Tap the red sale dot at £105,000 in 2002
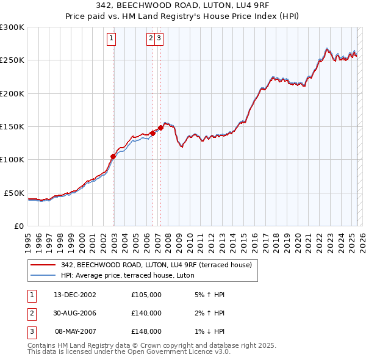(113, 156)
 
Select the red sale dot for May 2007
(160, 128)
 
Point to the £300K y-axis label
(12, 27)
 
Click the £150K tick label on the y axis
(12, 126)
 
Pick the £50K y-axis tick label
(15, 193)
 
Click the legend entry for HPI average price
(127, 275)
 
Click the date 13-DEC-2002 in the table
(75, 295)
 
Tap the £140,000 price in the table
(146, 313)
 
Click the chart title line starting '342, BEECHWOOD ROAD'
(183, 7)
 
